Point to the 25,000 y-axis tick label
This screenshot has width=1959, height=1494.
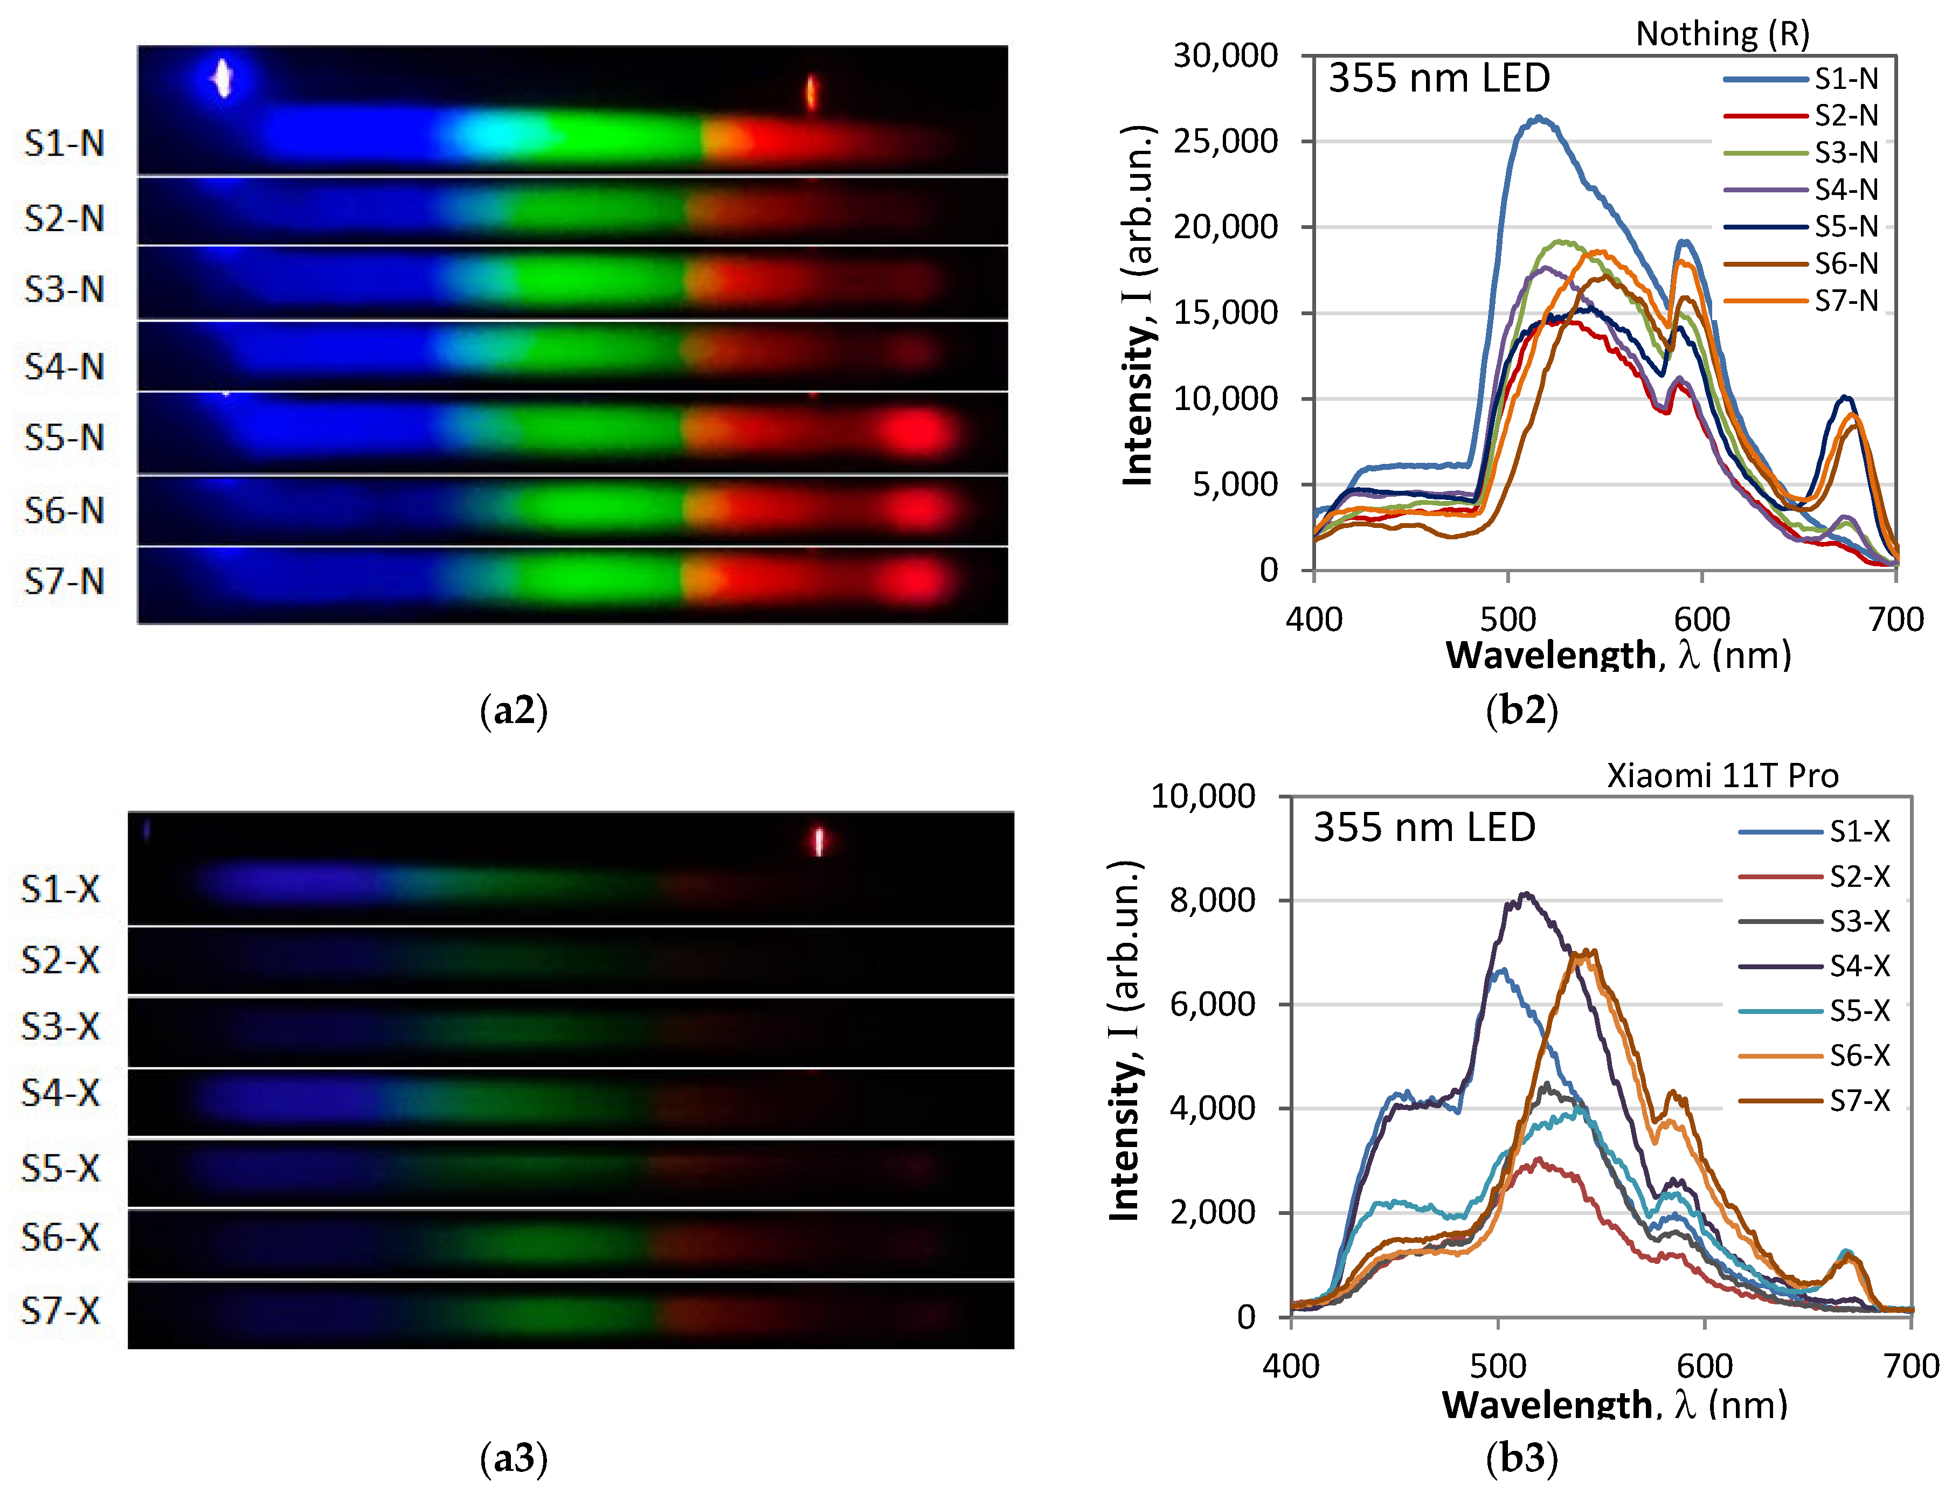[1225, 141]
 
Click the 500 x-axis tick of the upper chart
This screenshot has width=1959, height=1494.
[1508, 619]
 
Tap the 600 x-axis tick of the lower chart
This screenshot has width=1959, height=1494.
[1705, 1366]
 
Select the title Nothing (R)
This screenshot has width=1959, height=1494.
[1722, 34]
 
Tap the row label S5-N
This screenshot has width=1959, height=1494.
[64, 437]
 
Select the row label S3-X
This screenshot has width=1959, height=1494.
[60, 1026]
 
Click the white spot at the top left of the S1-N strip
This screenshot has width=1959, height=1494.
[223, 78]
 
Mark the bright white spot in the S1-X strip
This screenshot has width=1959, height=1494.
[819, 840]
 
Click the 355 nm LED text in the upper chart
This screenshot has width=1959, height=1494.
[1438, 78]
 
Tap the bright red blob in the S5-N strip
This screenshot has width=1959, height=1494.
[918, 433]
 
